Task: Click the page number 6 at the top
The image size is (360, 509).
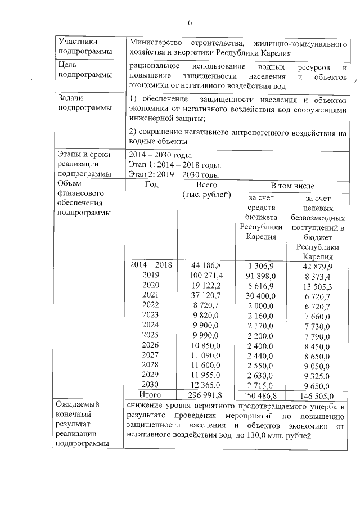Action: (x=190, y=22)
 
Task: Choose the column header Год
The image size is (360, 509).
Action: (x=151, y=184)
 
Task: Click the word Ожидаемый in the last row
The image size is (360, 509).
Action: (x=79, y=404)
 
